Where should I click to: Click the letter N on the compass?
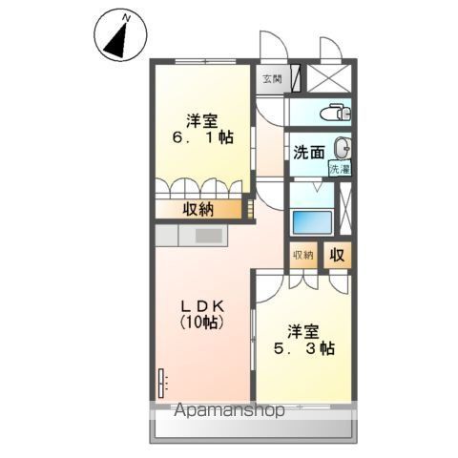127,18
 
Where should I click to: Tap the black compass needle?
116,40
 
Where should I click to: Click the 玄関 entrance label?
272,78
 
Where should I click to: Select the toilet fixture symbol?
335,113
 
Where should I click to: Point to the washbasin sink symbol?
343,148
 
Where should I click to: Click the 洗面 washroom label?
308,153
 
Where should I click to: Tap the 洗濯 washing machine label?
340,169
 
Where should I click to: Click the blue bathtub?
312,222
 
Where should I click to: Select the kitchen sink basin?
209,236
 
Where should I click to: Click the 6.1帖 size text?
203,137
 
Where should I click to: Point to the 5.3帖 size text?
304,349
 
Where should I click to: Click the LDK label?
203,306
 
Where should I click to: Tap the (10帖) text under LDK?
201,323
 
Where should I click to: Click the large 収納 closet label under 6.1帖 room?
198,209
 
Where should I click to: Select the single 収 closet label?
337,255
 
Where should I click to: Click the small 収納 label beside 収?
303,255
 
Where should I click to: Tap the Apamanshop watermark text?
229,410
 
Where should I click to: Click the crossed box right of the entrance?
329,78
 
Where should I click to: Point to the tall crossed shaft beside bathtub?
345,209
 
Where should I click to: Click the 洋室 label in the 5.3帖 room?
303,332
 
